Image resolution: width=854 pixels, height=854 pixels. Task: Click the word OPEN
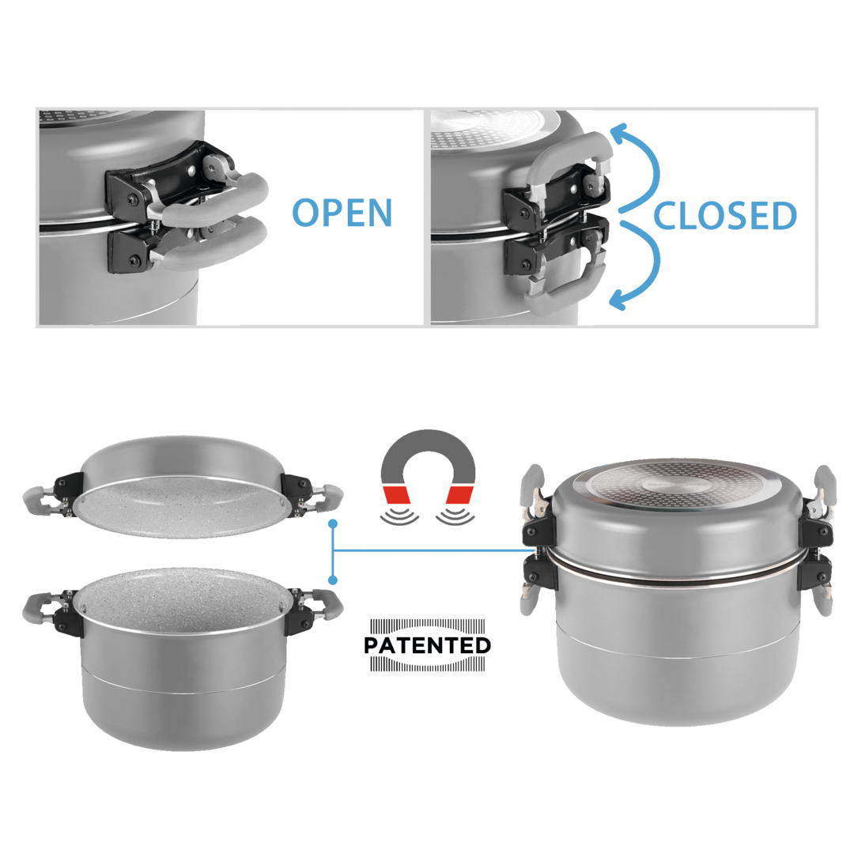coord(342,213)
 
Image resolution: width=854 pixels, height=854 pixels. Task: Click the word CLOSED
coord(725,216)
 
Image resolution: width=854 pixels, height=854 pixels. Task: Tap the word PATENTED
coord(428,645)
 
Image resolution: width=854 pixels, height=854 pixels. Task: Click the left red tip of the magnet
coord(397,494)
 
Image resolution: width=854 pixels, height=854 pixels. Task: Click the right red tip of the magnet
coord(459,494)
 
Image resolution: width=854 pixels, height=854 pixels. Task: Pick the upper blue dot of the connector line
coord(334,523)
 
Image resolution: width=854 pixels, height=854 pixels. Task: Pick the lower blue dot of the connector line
coord(334,580)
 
